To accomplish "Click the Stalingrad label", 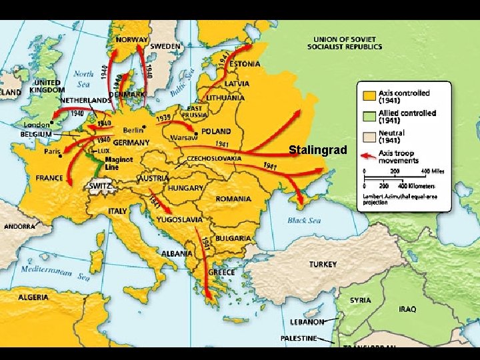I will pos(318,150).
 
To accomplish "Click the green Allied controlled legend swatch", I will pos(369,117).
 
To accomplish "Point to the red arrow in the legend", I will pos(369,156).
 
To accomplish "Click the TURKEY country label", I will pos(323,265).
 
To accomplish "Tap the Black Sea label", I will pos(304,221).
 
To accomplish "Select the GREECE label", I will pos(221,272).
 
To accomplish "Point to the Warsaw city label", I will pos(183,138).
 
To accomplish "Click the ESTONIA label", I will pos(244,64).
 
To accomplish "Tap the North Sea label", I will pos(83,79).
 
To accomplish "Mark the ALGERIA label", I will pos(33,297).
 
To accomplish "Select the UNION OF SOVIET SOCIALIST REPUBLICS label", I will pos(345,43).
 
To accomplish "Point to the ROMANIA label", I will pos(233,199).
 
